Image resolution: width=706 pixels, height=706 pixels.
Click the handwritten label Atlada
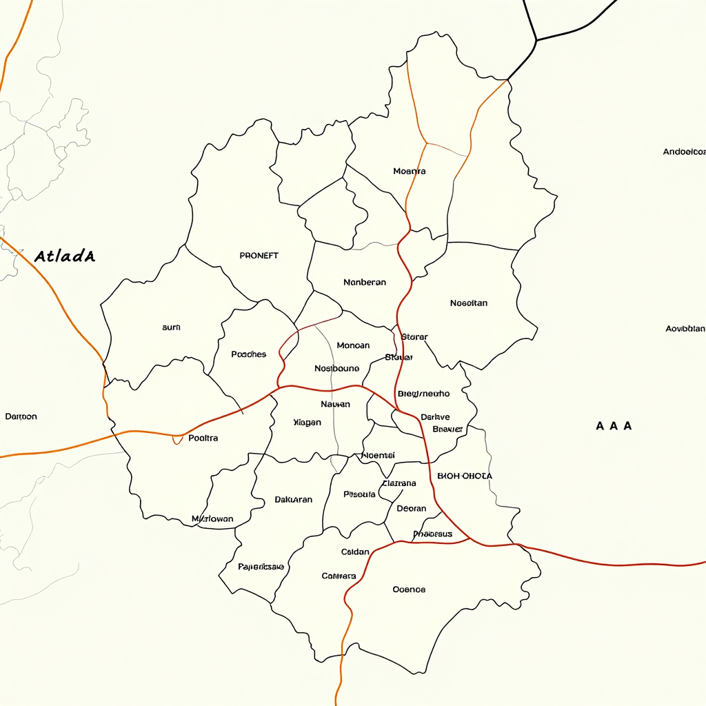click(x=64, y=256)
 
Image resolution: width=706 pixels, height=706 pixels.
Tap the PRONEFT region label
click(x=259, y=256)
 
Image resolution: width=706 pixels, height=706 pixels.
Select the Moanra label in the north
click(x=410, y=171)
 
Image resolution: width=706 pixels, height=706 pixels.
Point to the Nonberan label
click(x=364, y=283)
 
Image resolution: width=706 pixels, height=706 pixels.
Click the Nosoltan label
click(x=469, y=303)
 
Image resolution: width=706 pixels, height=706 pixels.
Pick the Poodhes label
click(x=248, y=354)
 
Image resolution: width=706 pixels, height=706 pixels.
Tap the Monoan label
click(x=353, y=345)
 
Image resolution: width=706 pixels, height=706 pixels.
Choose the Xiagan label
click(x=307, y=423)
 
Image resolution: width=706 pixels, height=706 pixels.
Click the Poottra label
click(x=203, y=438)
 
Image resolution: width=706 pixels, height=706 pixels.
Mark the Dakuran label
click(x=293, y=500)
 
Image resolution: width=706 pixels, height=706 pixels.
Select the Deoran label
click(x=412, y=509)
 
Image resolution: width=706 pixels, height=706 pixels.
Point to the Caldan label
click(x=355, y=552)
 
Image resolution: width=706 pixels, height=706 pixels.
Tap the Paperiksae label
click(x=261, y=567)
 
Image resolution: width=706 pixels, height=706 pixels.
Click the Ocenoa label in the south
click(x=409, y=589)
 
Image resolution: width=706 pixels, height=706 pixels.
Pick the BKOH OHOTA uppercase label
click(x=465, y=476)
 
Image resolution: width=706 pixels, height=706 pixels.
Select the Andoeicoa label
click(x=684, y=152)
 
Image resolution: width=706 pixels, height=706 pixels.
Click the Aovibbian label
click(x=685, y=329)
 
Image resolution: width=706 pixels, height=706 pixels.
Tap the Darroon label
click(x=21, y=417)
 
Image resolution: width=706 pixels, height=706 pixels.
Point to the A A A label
click(x=614, y=426)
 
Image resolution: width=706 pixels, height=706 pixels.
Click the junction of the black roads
click(x=536, y=40)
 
